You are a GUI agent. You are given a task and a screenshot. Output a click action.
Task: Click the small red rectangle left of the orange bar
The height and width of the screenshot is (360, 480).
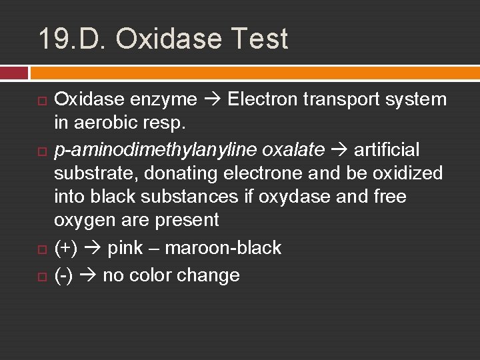(x=14, y=73)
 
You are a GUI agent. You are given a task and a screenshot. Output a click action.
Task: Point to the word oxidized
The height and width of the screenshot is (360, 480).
(x=407, y=173)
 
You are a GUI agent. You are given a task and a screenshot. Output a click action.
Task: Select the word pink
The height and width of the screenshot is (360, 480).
(x=125, y=248)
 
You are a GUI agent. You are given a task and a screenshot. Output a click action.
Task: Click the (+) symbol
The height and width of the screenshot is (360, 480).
(x=65, y=248)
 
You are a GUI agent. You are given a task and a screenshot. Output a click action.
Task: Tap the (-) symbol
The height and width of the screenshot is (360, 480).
(x=63, y=275)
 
